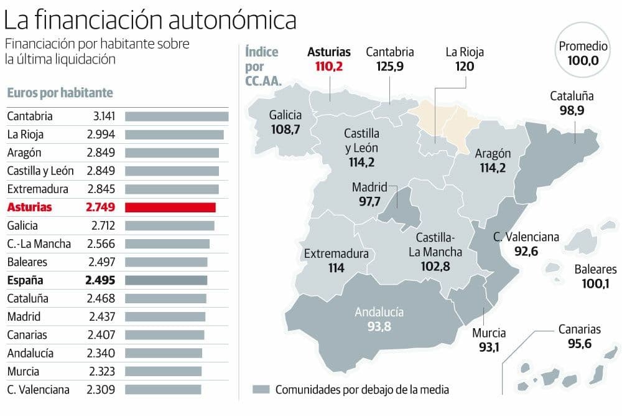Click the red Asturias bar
170,207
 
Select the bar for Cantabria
177,116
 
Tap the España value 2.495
100,280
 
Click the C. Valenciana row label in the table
38,390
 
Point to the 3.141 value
100,116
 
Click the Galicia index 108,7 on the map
285,130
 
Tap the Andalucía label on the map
379,312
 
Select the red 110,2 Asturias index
328,67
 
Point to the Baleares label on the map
595,270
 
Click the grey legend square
261,390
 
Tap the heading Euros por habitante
60,93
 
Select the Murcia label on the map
488,333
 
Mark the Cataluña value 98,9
572,111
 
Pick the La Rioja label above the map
464,52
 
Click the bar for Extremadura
172,189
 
